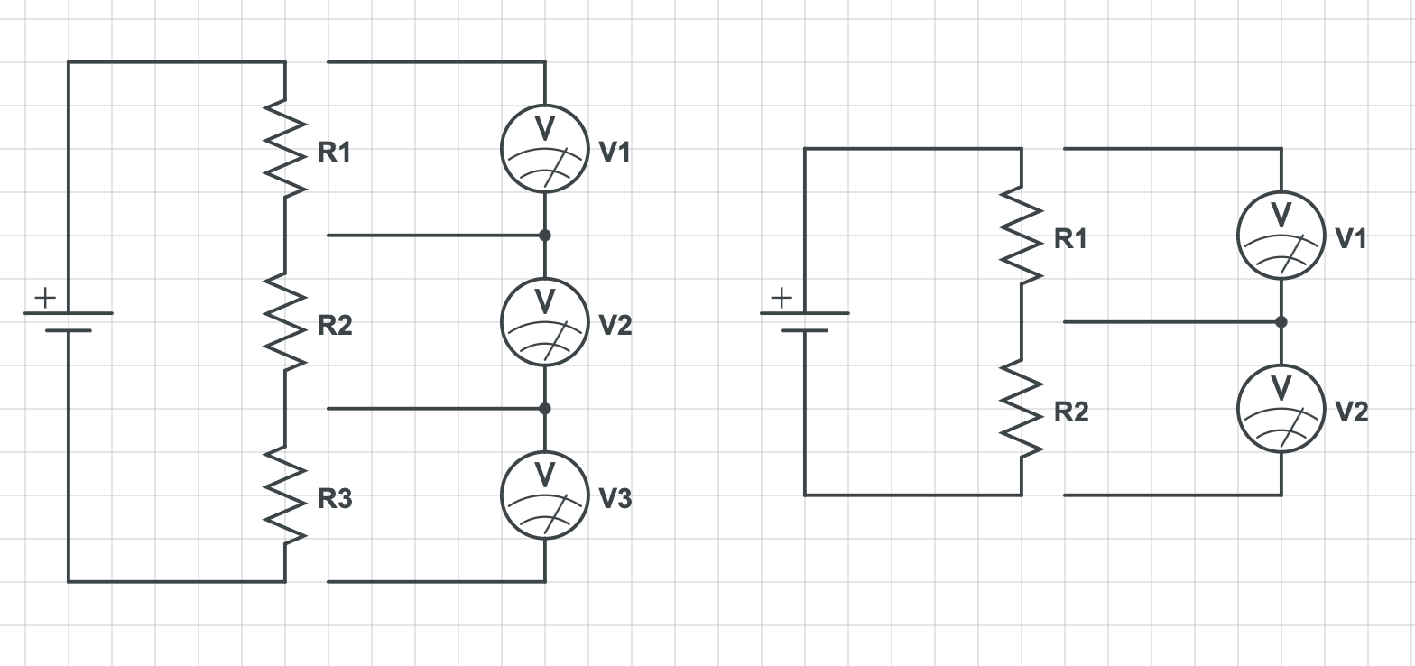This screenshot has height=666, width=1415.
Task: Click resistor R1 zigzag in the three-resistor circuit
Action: [x=285, y=148]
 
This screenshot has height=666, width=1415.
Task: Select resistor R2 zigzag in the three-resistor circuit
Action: [x=285, y=322]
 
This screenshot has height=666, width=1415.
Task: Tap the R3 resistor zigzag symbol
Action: [x=285, y=495]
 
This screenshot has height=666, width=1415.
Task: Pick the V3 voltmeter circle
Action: [x=545, y=495]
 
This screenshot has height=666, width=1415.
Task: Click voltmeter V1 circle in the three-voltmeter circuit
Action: [x=545, y=149]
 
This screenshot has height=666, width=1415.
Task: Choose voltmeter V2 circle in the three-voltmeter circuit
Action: [x=545, y=322]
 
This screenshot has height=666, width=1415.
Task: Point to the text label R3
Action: [x=335, y=498]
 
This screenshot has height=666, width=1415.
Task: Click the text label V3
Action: [x=615, y=498]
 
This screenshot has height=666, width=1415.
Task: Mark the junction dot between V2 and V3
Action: [x=544, y=409]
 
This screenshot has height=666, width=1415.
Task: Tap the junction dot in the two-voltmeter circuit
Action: [x=1281, y=322]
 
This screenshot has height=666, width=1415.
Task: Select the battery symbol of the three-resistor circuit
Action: [x=69, y=321]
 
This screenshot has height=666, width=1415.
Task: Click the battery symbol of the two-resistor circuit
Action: [x=805, y=321]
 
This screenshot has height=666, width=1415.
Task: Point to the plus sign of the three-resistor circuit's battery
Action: [x=45, y=297]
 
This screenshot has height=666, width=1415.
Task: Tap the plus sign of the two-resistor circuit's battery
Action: [x=781, y=297]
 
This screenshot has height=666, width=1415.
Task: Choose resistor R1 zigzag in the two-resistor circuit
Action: [x=1022, y=235]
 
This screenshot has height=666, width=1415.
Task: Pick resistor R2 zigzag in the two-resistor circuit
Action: [x=1022, y=409]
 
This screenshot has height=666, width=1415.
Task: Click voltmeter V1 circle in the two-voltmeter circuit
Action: [x=1281, y=236]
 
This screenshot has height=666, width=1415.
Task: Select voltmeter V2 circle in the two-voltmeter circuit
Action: [x=1281, y=409]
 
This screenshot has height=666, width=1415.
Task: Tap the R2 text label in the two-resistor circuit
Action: [x=1071, y=412]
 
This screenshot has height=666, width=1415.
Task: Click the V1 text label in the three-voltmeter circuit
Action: [x=615, y=152]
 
